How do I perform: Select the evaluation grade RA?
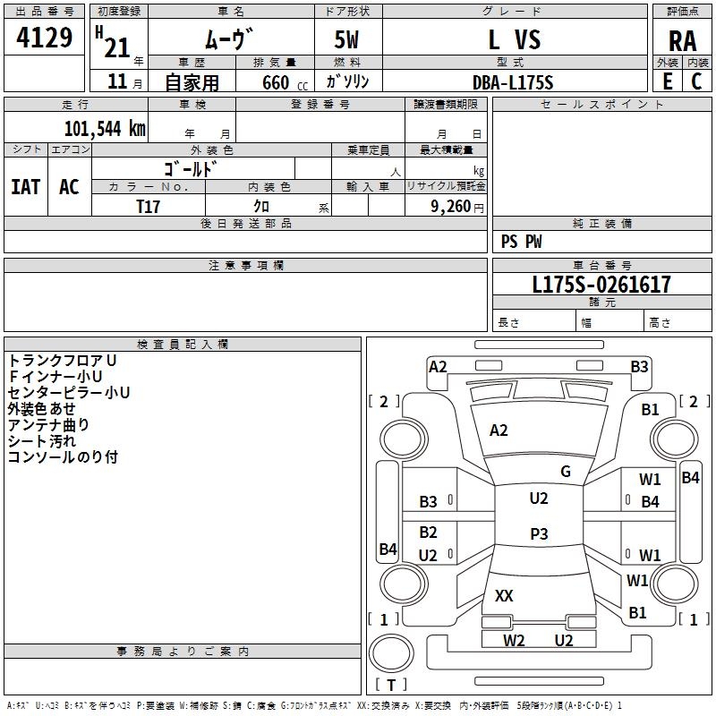[x=682, y=40]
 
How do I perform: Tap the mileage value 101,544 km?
[x=105, y=128]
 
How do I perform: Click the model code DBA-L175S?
[x=513, y=81]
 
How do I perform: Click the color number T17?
[x=149, y=206]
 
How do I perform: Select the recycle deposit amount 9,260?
[x=450, y=207]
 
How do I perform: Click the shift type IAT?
[x=25, y=186]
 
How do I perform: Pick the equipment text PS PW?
[x=522, y=242]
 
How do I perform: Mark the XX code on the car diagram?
[x=504, y=595]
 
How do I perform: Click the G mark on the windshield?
[x=566, y=472]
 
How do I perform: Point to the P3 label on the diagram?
[x=539, y=534]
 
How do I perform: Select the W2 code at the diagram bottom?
[x=514, y=640]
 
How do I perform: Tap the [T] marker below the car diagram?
[x=391, y=685]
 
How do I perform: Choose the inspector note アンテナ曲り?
[x=48, y=424]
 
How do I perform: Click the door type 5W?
[x=348, y=40]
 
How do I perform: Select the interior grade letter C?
[x=696, y=81]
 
